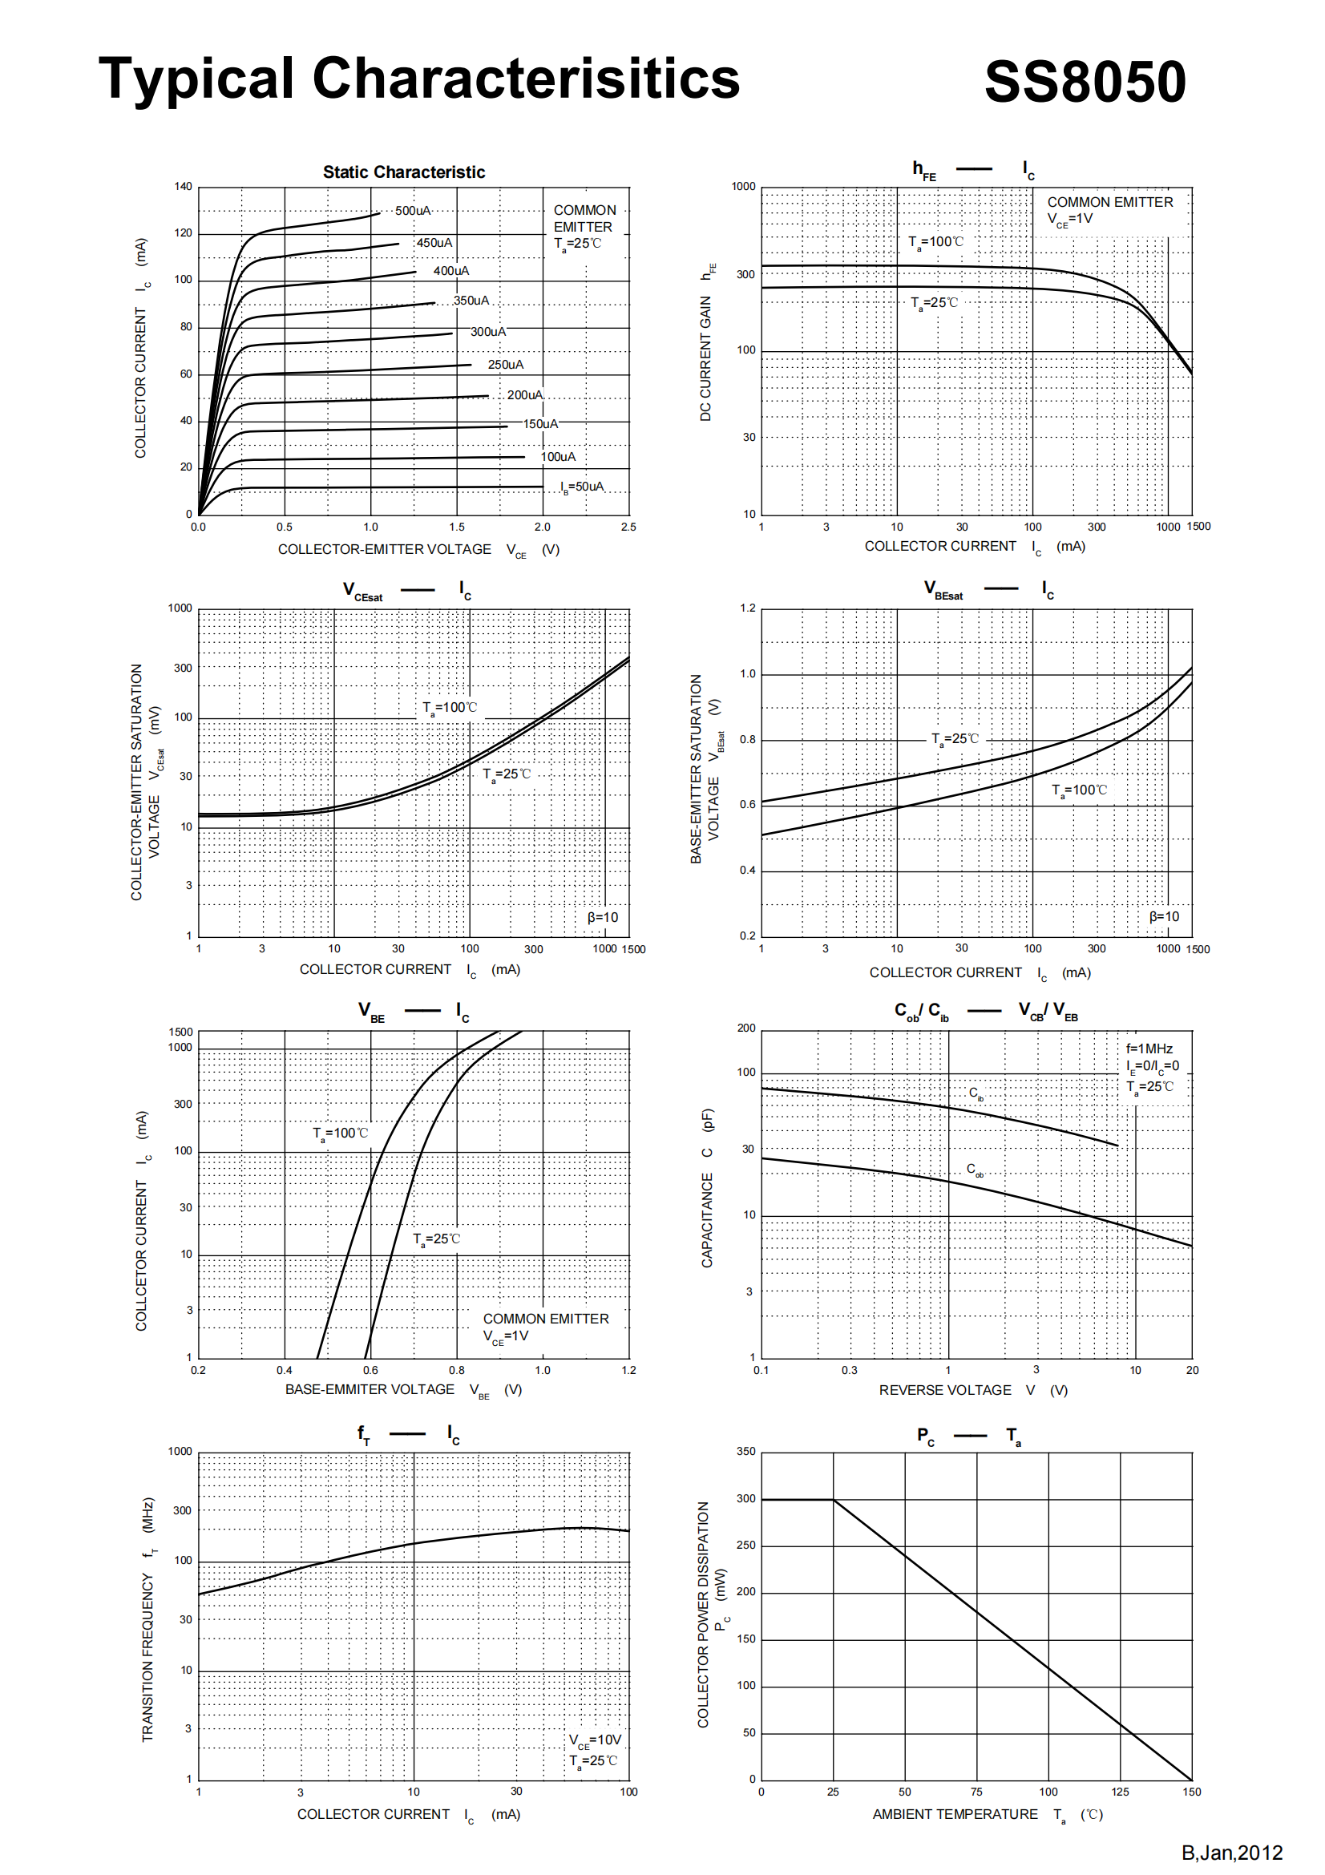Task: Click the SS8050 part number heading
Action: coord(1085,82)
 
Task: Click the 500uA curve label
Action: coord(412,211)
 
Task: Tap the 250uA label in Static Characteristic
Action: coord(505,365)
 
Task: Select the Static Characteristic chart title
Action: coord(403,172)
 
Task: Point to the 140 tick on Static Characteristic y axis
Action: coord(183,187)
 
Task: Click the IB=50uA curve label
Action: coord(582,487)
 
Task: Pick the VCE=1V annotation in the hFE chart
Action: coord(1069,220)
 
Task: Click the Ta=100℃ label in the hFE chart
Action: coord(935,243)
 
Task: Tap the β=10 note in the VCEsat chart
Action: coord(603,918)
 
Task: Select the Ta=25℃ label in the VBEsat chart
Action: coord(955,739)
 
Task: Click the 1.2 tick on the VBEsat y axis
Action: coord(747,608)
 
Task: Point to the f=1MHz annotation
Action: coord(1149,1049)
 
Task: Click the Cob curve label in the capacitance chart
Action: coord(975,1170)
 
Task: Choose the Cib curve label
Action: coord(976,1093)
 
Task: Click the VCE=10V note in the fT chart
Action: coord(594,1740)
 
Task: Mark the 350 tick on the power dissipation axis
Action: coord(745,1451)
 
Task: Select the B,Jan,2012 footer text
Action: coord(1231,1853)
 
